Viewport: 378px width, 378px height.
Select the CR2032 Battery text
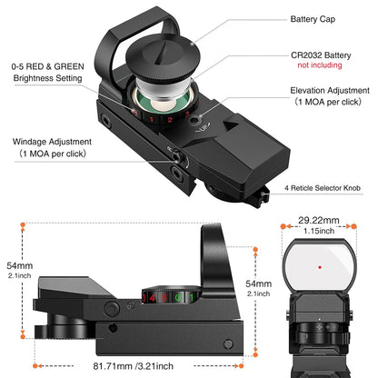pos(322,55)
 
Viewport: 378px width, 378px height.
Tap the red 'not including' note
pos(320,66)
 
